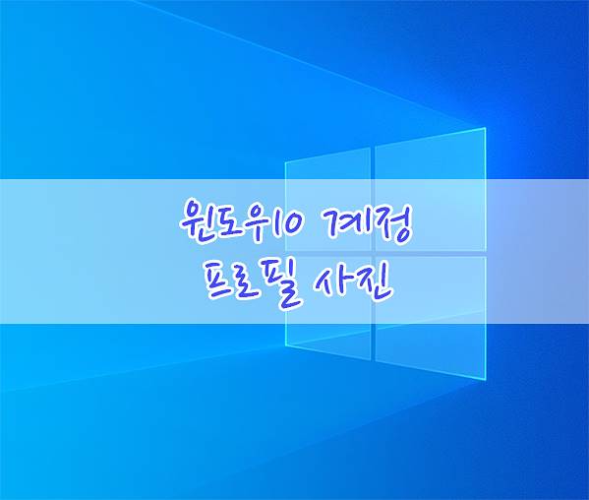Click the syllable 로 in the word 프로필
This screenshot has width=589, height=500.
click(249, 284)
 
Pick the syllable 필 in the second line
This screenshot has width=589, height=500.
click(280, 284)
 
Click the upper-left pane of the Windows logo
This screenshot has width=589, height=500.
click(327, 200)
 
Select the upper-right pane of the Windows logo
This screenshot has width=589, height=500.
click(431, 190)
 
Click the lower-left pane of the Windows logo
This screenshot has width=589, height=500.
click(327, 308)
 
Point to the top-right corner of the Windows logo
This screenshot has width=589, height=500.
click(486, 128)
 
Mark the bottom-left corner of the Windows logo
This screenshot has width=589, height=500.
click(285, 344)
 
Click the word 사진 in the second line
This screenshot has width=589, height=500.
click(352, 283)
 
